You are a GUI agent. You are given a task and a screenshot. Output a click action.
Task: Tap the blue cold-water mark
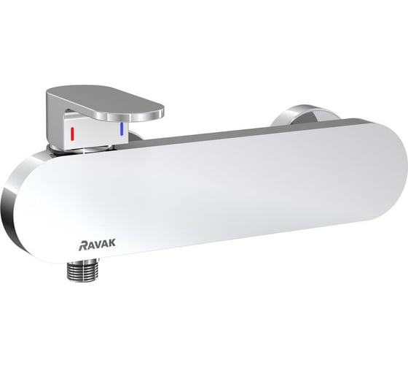pos(122,130)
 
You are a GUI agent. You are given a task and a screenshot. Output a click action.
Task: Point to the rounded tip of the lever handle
pos(157,110)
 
